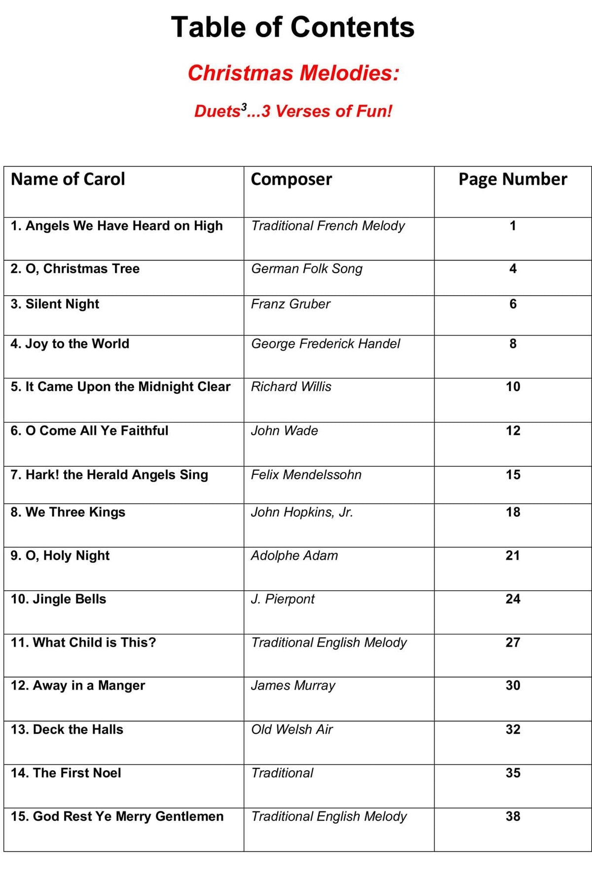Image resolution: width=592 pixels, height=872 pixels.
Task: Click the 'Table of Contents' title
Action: pyautogui.click(x=293, y=27)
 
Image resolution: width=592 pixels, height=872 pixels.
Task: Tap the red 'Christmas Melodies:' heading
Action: pyautogui.click(x=293, y=73)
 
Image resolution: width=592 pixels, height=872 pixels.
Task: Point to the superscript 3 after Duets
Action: pyautogui.click(x=244, y=106)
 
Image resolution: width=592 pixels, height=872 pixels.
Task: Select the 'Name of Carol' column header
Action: pyautogui.click(x=68, y=179)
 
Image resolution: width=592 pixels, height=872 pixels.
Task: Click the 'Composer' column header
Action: pyautogui.click(x=291, y=179)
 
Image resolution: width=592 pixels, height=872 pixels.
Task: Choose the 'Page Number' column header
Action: pyautogui.click(x=513, y=179)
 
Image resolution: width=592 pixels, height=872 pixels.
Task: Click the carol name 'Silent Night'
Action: pyautogui.click(x=55, y=304)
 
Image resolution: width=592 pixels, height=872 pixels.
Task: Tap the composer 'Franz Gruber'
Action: pyautogui.click(x=291, y=304)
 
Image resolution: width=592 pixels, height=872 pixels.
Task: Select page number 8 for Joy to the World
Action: pyautogui.click(x=513, y=343)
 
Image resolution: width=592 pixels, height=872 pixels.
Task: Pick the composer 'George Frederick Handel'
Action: pyautogui.click(x=326, y=343)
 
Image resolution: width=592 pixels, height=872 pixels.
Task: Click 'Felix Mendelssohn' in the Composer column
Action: pyautogui.click(x=306, y=475)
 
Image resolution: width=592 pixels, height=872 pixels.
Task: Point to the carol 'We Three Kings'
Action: pyautogui.click(x=68, y=512)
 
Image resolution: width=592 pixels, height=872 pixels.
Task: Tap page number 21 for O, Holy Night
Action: pyautogui.click(x=513, y=556)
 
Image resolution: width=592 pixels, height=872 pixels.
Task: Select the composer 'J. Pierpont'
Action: pyautogui.click(x=283, y=599)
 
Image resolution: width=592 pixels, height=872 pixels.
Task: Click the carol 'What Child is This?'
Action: pyautogui.click(x=83, y=643)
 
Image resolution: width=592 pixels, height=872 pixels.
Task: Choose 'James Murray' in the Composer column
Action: pyautogui.click(x=293, y=685)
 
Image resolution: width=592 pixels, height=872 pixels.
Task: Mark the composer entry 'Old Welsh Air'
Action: pyautogui.click(x=292, y=729)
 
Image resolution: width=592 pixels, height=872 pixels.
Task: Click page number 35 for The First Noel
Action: pyautogui.click(x=513, y=773)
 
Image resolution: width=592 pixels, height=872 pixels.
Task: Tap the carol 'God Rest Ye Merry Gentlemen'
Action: pyautogui.click(x=117, y=816)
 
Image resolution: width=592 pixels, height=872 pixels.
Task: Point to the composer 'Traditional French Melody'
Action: pyautogui.click(x=328, y=226)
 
